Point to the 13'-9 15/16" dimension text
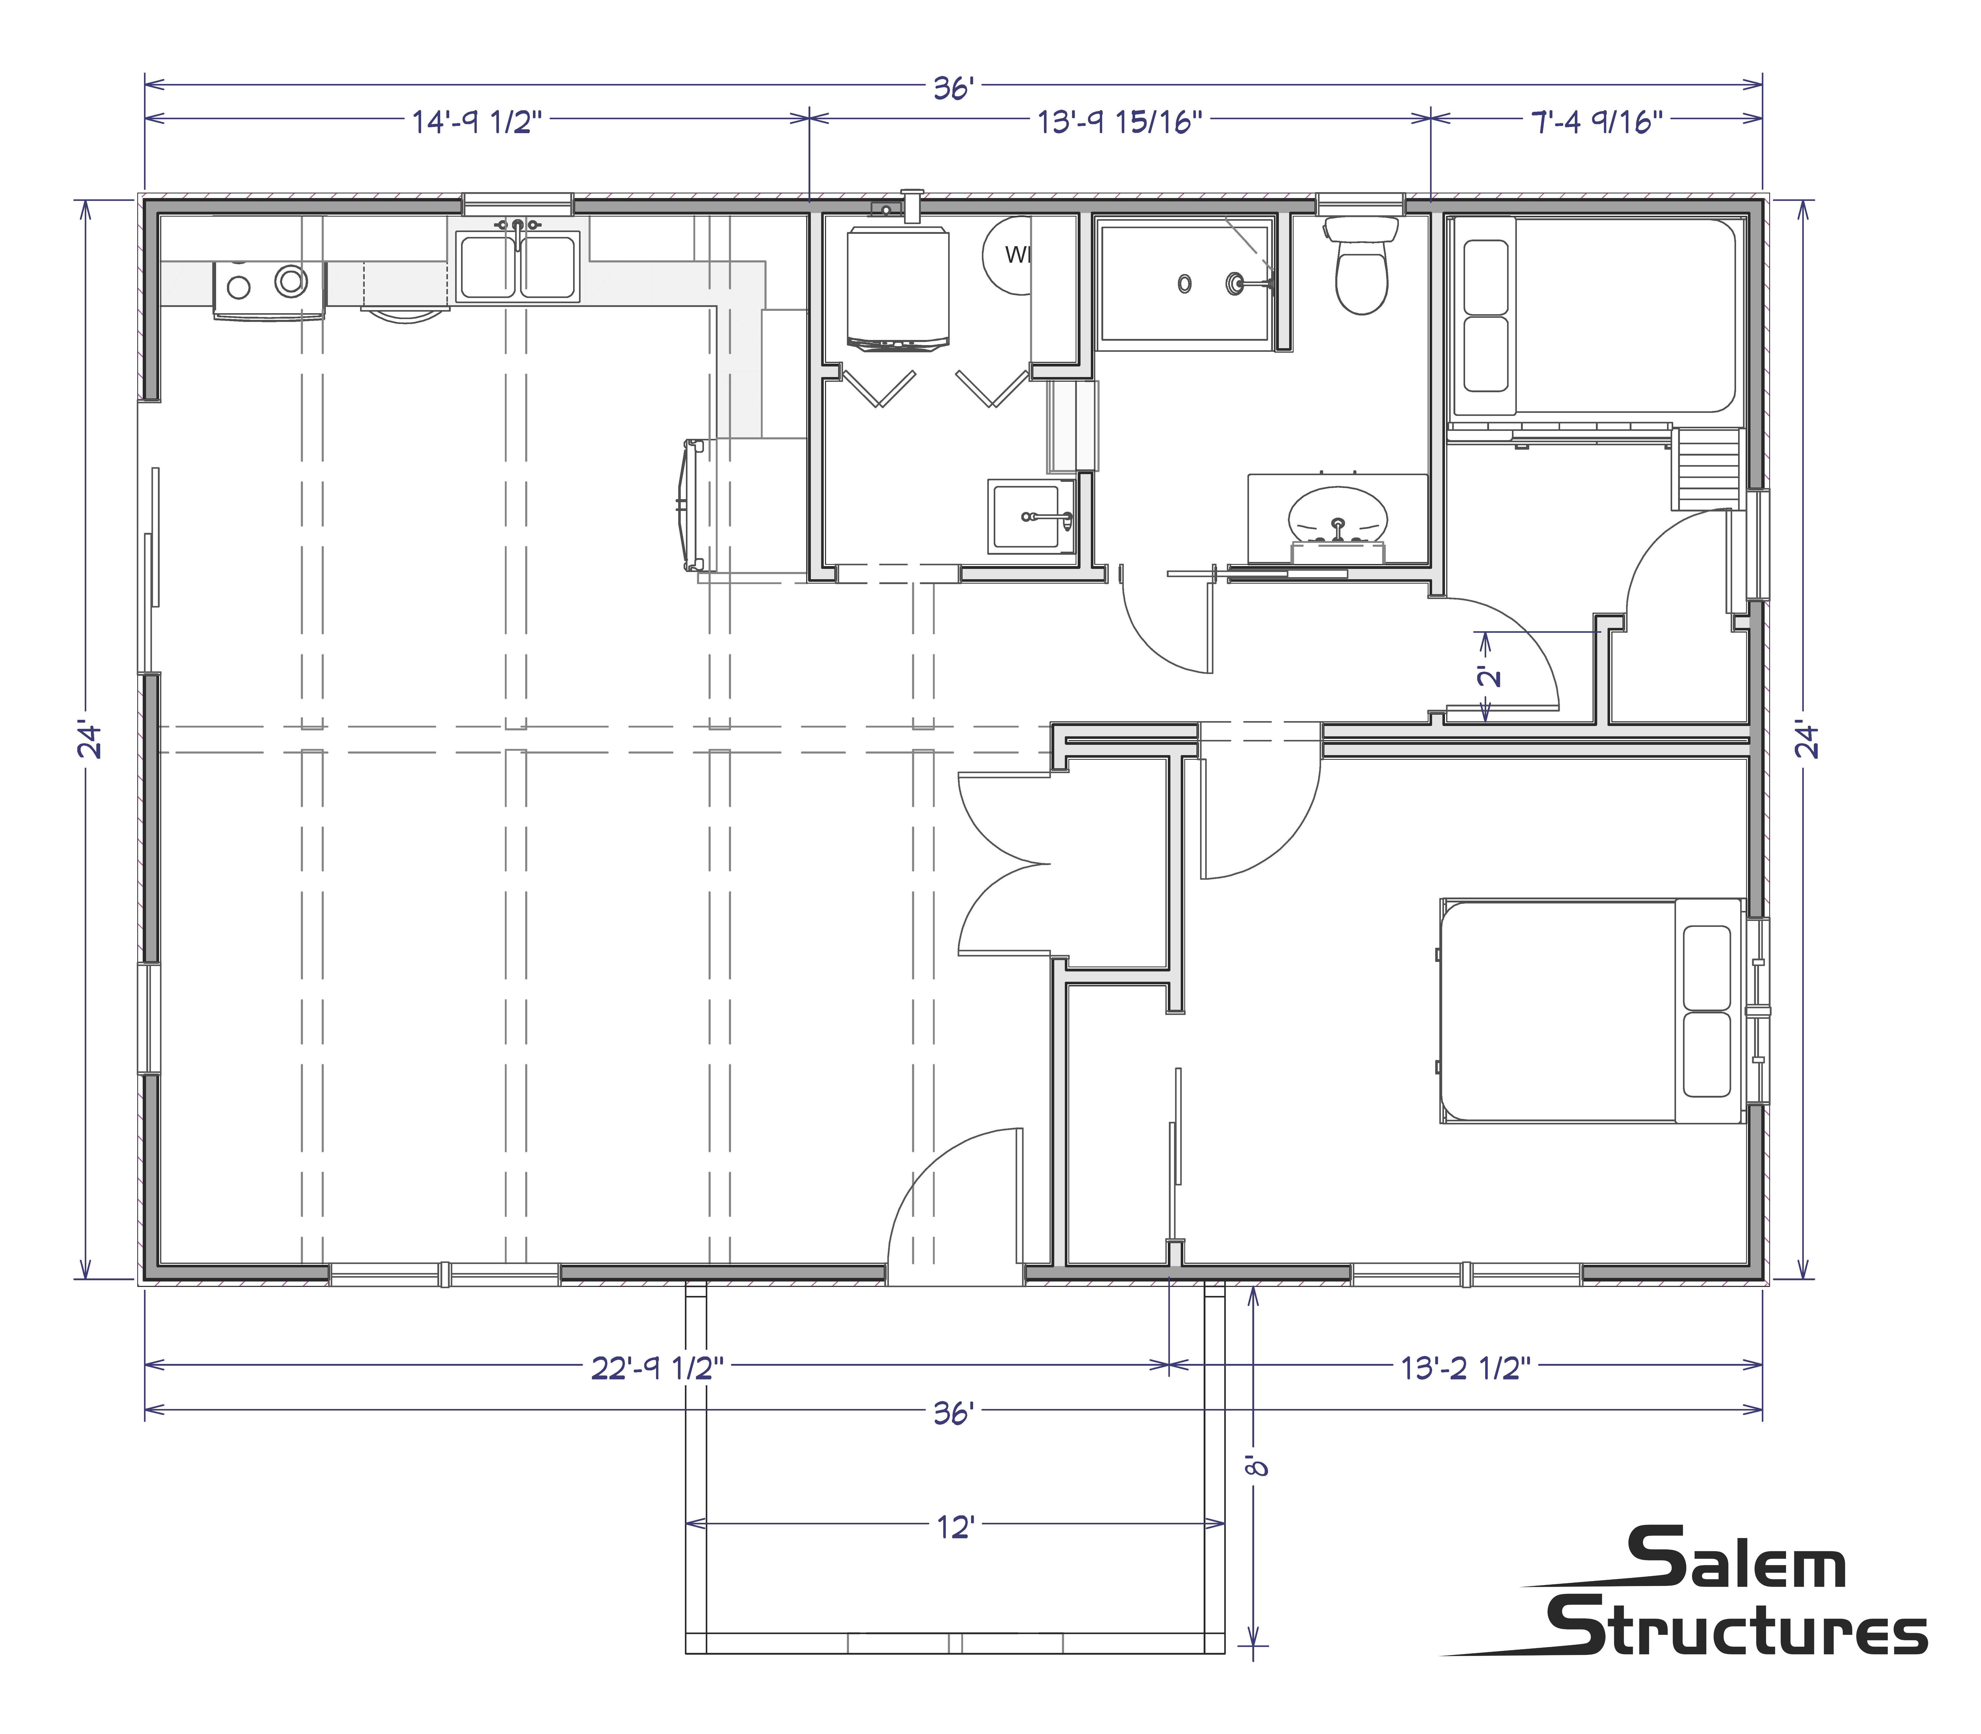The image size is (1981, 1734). tap(1121, 123)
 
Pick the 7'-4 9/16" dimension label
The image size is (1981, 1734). tap(1597, 123)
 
